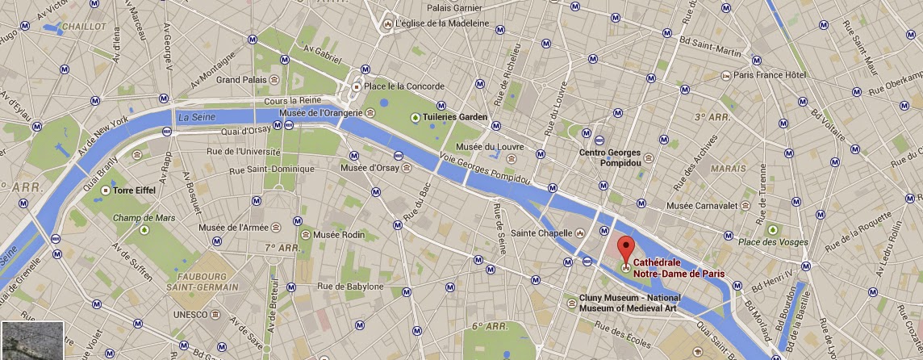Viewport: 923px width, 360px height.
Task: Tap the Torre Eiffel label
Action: pyautogui.click(x=134, y=191)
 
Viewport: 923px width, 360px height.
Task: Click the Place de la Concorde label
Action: pyautogui.click(x=403, y=86)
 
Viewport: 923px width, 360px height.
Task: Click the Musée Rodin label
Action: pyautogui.click(x=340, y=235)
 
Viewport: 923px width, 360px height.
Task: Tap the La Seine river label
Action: pyautogui.click(x=194, y=117)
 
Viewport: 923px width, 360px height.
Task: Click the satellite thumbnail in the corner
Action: pyautogui.click(x=32, y=340)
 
